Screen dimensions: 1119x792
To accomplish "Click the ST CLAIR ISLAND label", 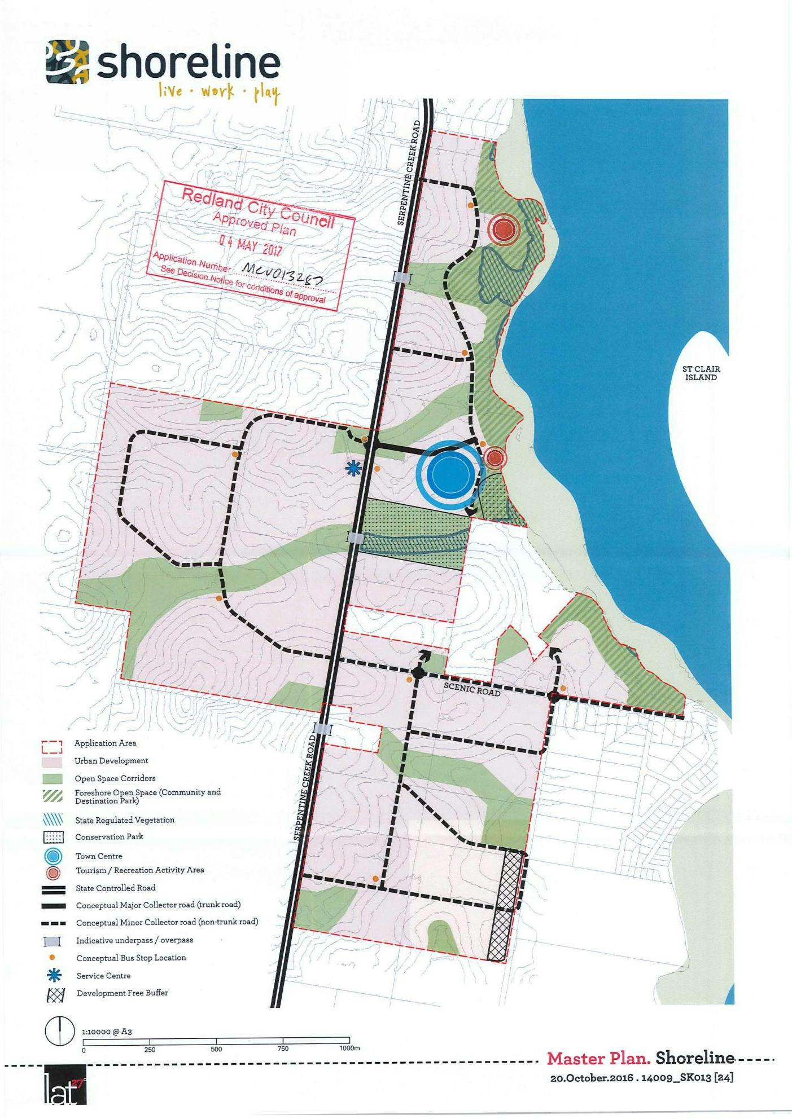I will tap(701, 373).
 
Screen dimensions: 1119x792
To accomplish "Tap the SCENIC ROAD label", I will tap(472, 689).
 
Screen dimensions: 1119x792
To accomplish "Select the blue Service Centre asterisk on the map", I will tap(353, 468).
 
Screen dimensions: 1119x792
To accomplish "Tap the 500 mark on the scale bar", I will tap(216, 1049).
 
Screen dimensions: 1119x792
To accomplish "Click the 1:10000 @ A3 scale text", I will tap(107, 1032).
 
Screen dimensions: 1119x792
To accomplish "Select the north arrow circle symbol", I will tap(59, 1031).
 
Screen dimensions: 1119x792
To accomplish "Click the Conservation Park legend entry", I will tap(109, 837).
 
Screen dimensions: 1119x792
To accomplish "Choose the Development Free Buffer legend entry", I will tap(122, 993).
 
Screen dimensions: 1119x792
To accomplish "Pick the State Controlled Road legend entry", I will tap(115, 888).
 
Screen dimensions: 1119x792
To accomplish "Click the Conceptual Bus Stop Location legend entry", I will tap(130, 958).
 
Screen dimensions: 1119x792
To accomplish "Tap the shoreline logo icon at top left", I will tap(68, 62).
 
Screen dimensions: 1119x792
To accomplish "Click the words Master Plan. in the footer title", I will tap(598, 1058).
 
